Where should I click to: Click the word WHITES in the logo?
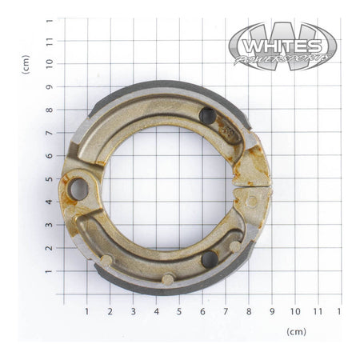(282, 40)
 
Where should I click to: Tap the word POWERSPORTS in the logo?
(284, 58)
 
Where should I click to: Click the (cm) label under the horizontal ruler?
(296, 330)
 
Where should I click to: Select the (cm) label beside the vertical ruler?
(26, 64)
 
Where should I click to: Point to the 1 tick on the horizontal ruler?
(86, 310)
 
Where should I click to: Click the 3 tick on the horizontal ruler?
(133, 310)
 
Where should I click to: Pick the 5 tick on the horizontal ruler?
(179, 310)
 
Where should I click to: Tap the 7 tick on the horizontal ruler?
(226, 310)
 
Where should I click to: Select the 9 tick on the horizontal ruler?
(272, 310)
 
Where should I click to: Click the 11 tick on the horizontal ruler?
(318, 310)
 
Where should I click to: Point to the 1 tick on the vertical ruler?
(50, 272)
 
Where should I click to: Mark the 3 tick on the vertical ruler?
(50, 226)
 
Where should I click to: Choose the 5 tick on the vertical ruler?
(50, 179)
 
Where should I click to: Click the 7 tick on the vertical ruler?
(50, 133)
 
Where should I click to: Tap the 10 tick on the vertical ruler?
(50, 63)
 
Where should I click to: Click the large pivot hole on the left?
(78, 190)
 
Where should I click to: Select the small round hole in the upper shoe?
(207, 116)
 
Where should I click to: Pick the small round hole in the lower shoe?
(210, 258)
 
